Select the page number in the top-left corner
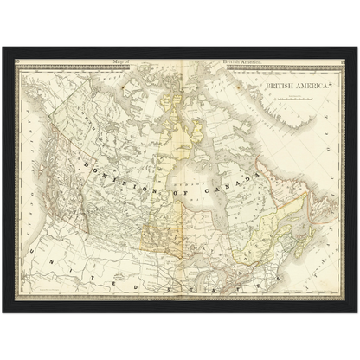pos(18,61)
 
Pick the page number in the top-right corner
pos(342,61)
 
